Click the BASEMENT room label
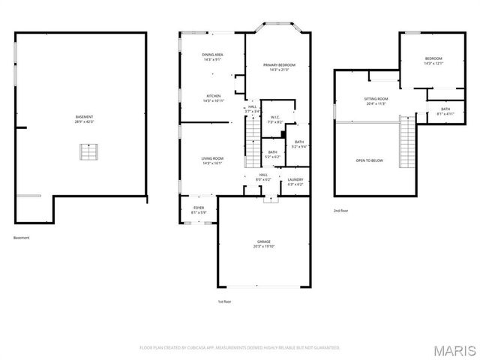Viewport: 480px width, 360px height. point(84,116)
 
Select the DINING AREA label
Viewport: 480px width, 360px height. point(212,55)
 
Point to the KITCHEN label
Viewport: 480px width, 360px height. point(213,96)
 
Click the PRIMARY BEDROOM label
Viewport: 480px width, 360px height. point(276,65)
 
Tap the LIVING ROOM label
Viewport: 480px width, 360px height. point(212,158)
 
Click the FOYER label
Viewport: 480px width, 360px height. point(199,208)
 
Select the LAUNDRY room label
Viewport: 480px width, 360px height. point(295,179)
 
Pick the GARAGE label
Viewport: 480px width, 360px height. point(263,241)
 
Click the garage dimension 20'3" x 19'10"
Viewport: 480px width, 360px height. point(263,246)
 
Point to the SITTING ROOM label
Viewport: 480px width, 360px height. point(376,99)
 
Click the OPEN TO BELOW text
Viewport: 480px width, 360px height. point(370,160)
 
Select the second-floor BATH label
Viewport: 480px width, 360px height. point(445,109)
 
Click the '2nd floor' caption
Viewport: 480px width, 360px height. point(341,211)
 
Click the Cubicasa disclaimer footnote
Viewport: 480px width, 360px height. point(240,348)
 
